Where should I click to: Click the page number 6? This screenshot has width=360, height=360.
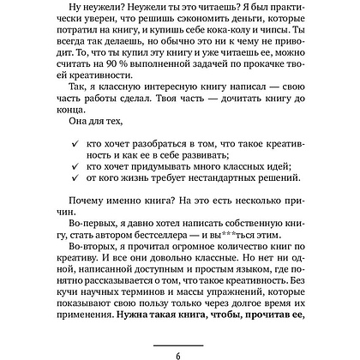(180, 351)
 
